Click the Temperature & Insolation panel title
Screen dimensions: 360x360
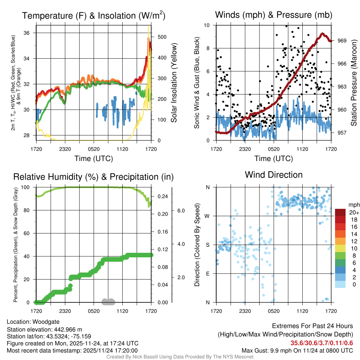tap(94, 15)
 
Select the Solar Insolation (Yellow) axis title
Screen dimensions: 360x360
tap(174, 83)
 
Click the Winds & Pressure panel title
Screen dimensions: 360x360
tap(274, 15)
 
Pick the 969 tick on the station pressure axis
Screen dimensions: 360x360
tap(342, 40)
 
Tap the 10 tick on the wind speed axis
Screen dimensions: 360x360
tap(207, 25)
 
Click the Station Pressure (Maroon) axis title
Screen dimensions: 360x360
tap(354, 83)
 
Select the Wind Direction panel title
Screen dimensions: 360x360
tap(274, 175)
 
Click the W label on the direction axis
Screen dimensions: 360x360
tap(208, 216)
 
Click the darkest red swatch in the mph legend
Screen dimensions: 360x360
tap(341, 212)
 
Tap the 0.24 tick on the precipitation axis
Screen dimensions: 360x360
tap(162, 197)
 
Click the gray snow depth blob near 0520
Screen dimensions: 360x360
tap(108, 301)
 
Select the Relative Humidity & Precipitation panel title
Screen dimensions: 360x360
tap(94, 176)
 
